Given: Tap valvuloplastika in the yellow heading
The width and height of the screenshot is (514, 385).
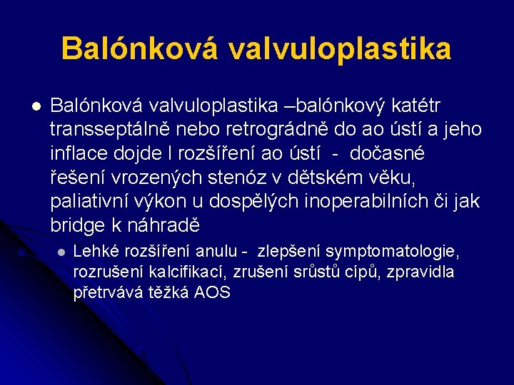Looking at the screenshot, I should pos(341,49).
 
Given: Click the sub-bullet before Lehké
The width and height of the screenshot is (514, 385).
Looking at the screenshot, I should pos(61,252).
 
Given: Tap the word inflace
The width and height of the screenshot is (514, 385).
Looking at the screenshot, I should pos(79,153).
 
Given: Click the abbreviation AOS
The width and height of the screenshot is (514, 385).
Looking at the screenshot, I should pos(212,293).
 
